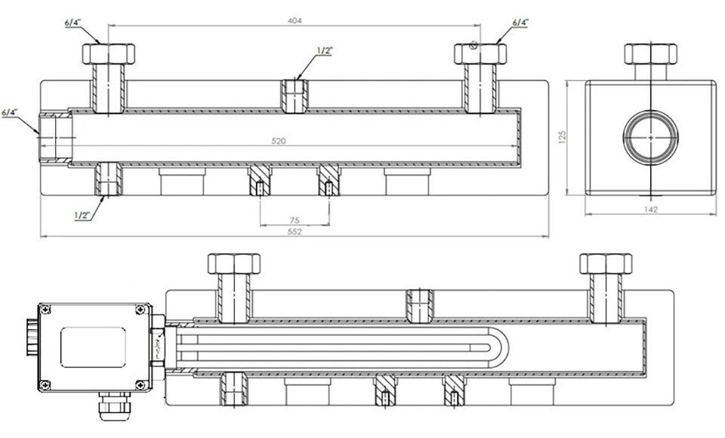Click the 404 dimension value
[x=295, y=20]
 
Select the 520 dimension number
[x=278, y=141]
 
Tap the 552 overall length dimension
[x=295, y=232]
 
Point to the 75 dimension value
[x=295, y=221]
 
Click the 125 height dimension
[x=562, y=137]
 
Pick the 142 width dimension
[x=650, y=209]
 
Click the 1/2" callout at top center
[x=325, y=51]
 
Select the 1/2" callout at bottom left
[x=82, y=215]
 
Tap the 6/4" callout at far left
[x=10, y=112]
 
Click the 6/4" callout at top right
[x=521, y=22]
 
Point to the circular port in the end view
[x=651, y=137]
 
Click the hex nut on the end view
[x=650, y=54]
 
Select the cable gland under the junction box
[x=114, y=406]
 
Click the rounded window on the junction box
[x=93, y=347]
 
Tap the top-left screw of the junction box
[x=45, y=310]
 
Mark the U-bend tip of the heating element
[x=508, y=347]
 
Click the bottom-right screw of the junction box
[x=141, y=384]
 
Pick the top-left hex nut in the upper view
[x=109, y=54]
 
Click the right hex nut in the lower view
[x=606, y=264]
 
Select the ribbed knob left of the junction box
[x=32, y=337]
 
